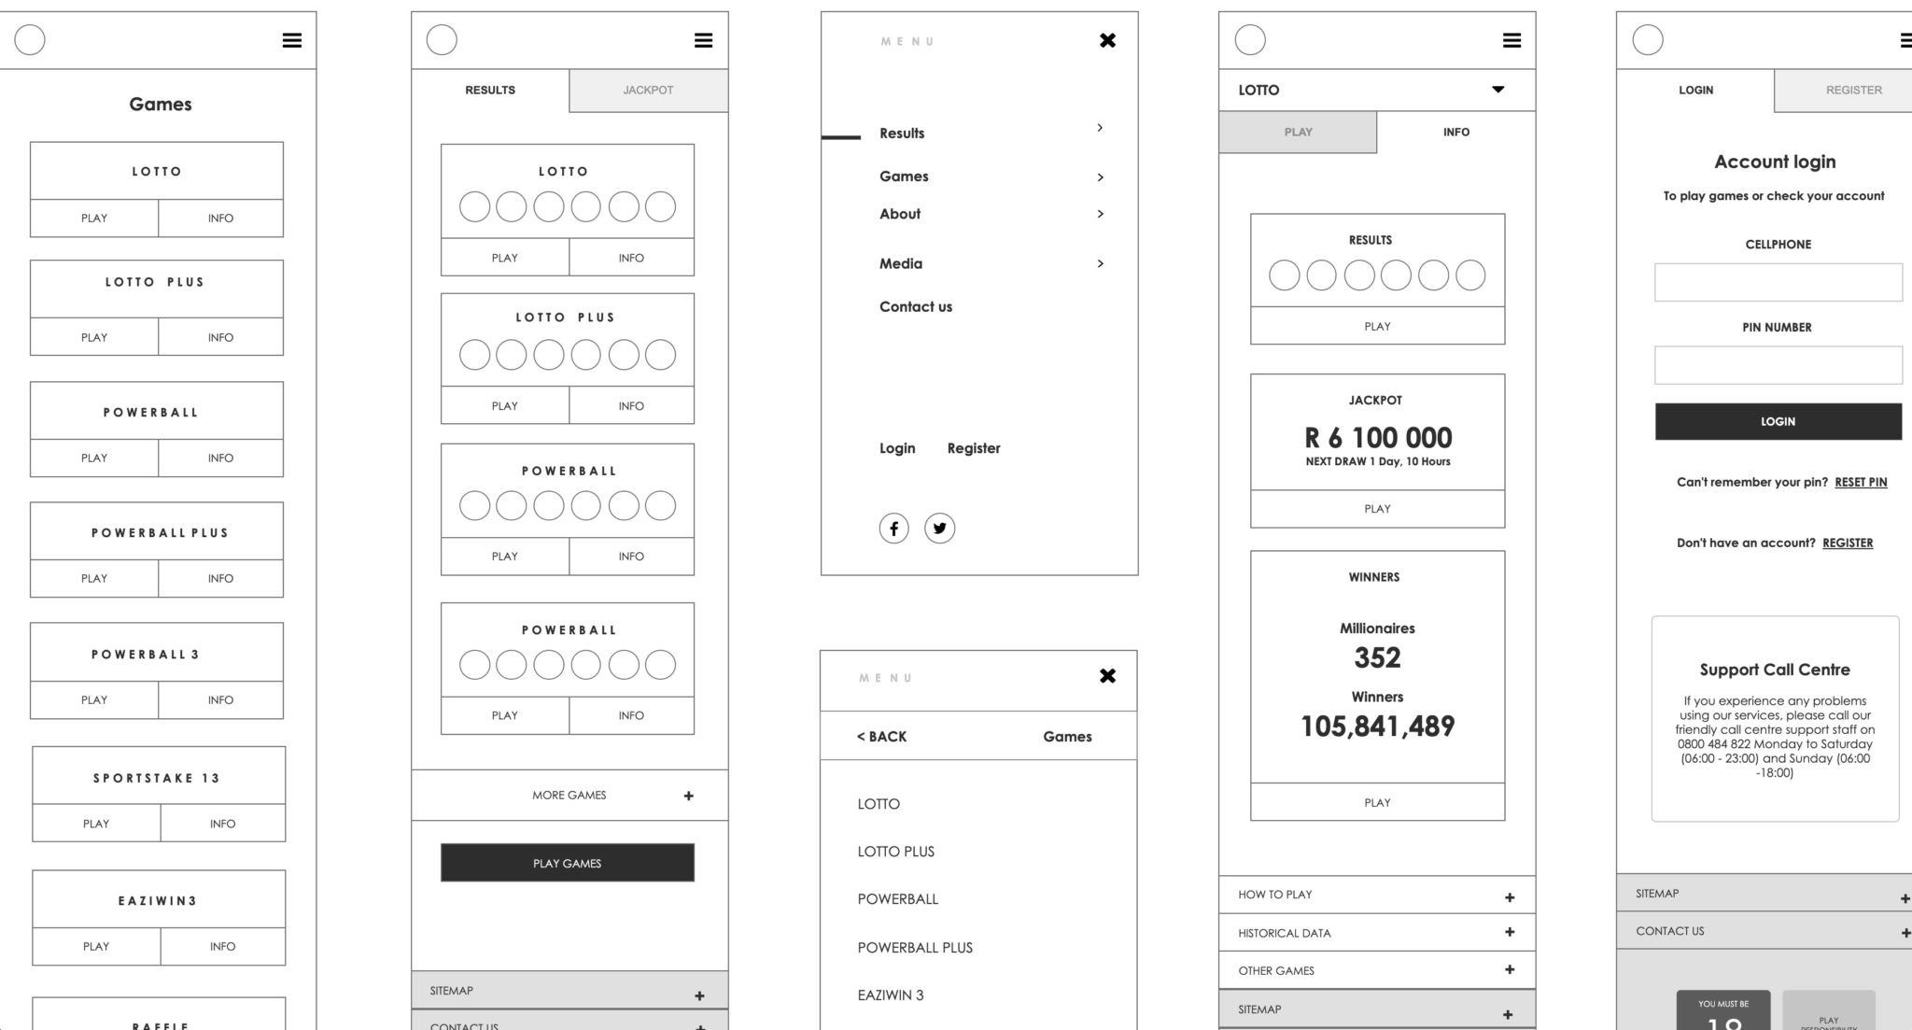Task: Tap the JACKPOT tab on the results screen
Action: (x=648, y=91)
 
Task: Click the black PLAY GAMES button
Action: (x=567, y=863)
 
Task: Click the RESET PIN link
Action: (x=1861, y=483)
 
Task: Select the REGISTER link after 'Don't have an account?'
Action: (x=1848, y=543)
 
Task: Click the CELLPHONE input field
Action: (x=1778, y=282)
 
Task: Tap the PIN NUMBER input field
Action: (x=1778, y=365)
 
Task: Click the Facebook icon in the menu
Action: (x=893, y=529)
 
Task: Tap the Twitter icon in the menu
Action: (x=939, y=529)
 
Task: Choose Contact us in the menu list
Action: (x=916, y=307)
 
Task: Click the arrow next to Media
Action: (x=1101, y=263)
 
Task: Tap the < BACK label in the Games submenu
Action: (x=881, y=737)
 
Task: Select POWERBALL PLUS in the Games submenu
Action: (x=915, y=948)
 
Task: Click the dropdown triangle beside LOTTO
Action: (x=1497, y=90)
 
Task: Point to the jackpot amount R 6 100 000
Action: (x=1378, y=438)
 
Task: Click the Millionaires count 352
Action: (x=1377, y=658)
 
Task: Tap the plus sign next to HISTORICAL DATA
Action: (x=1510, y=932)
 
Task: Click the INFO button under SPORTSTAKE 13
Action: (x=222, y=824)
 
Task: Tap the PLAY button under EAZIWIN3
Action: (x=96, y=946)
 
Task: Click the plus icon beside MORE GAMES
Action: (x=688, y=796)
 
